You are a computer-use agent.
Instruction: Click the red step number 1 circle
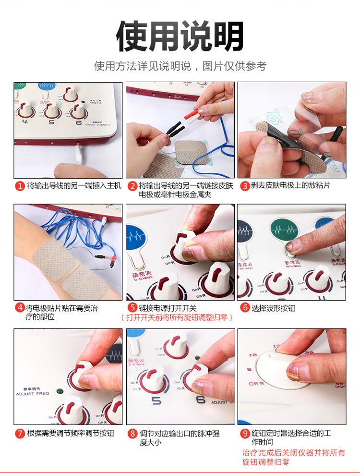20,186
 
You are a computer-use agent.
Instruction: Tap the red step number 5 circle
132,307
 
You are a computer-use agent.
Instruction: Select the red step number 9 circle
245,434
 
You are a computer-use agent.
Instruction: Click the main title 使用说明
180,36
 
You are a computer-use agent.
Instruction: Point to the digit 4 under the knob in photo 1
25,121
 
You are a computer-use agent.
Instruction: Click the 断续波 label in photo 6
292,262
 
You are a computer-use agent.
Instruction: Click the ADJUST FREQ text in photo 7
32,394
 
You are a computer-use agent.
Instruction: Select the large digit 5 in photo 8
156,400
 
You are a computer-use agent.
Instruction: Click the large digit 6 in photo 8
201,400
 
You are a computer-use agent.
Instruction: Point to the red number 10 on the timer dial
252,355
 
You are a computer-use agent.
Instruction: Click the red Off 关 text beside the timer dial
257,383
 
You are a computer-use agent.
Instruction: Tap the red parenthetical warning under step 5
177,317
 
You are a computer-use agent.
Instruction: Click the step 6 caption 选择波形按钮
273,308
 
